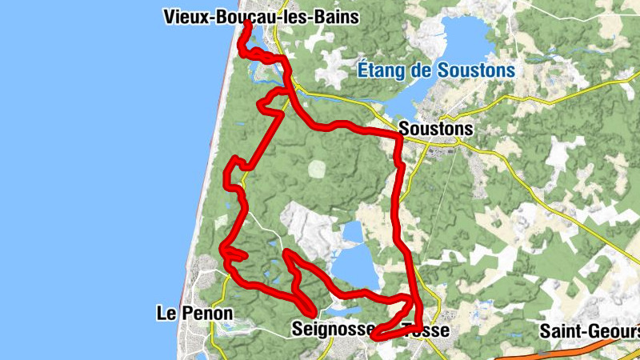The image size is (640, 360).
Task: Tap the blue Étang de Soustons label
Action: [436, 71]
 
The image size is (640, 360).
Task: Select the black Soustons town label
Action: [435, 128]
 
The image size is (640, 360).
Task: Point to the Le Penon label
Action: [194, 314]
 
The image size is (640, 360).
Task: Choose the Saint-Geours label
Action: [589, 330]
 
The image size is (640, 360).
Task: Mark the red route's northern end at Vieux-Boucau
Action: [246, 23]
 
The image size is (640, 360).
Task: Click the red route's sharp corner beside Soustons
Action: [398, 138]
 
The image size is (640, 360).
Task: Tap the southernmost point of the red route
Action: [376, 337]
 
